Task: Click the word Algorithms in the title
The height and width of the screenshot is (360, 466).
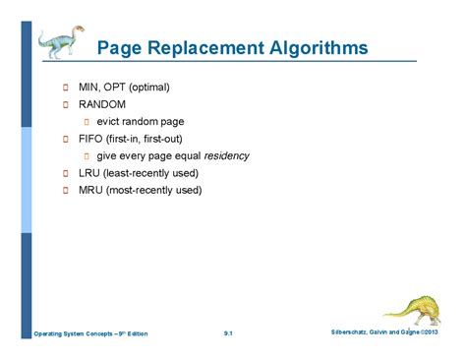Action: pos(314,48)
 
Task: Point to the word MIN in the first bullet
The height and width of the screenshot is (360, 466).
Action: pos(91,87)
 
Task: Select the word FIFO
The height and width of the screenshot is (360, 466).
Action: pos(92,139)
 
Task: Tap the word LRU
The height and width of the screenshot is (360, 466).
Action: pos(91,173)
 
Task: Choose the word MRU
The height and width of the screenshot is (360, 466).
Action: pos(92,190)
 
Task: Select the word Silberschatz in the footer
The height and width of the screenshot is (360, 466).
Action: pos(356,333)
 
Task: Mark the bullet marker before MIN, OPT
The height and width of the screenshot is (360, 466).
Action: pos(66,88)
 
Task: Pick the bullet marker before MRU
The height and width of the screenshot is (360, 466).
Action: pos(66,191)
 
